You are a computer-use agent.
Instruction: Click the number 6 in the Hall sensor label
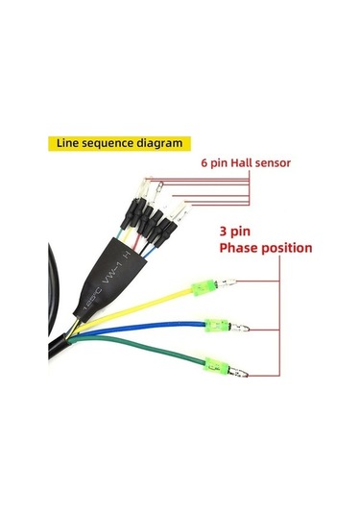coord(205,164)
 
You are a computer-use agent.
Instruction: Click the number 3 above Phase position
coord(224,232)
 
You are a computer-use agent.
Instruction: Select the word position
coord(289,248)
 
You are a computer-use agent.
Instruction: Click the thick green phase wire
coord(144,350)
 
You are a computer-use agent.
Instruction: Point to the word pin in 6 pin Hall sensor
coord(222,164)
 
